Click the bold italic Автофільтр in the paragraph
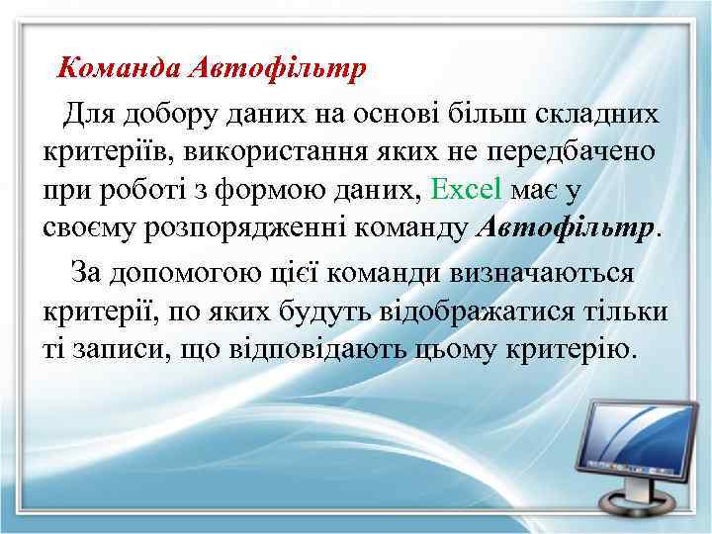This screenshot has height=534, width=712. click(567, 228)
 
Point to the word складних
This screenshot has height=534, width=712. click(595, 114)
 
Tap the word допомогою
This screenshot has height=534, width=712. click(185, 273)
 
